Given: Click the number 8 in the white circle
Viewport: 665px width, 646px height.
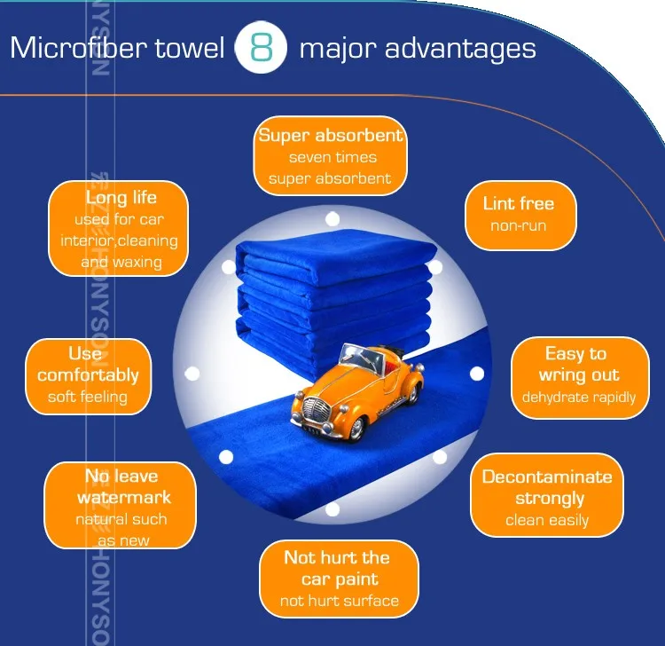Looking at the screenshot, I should point(262,49).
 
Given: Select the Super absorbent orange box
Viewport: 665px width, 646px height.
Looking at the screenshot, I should point(331,157).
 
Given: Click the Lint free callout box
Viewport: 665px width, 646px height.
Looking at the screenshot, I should point(520,214).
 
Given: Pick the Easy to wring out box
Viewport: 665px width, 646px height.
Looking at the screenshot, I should point(580,375).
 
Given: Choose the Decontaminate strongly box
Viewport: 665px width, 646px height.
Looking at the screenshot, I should point(547,496).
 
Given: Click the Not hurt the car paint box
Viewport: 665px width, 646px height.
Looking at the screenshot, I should point(338,579).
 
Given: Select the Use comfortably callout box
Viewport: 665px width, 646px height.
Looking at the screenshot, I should point(88,375).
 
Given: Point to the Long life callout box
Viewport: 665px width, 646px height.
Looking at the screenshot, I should point(119,229).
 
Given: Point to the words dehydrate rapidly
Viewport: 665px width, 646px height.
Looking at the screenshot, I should point(579,397).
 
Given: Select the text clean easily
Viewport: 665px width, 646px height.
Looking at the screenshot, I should point(547,521).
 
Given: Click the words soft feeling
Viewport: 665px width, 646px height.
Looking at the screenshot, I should point(88,397).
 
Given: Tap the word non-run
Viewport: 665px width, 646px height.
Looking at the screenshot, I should point(519,226).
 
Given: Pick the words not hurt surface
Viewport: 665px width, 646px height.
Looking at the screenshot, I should point(339,601).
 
